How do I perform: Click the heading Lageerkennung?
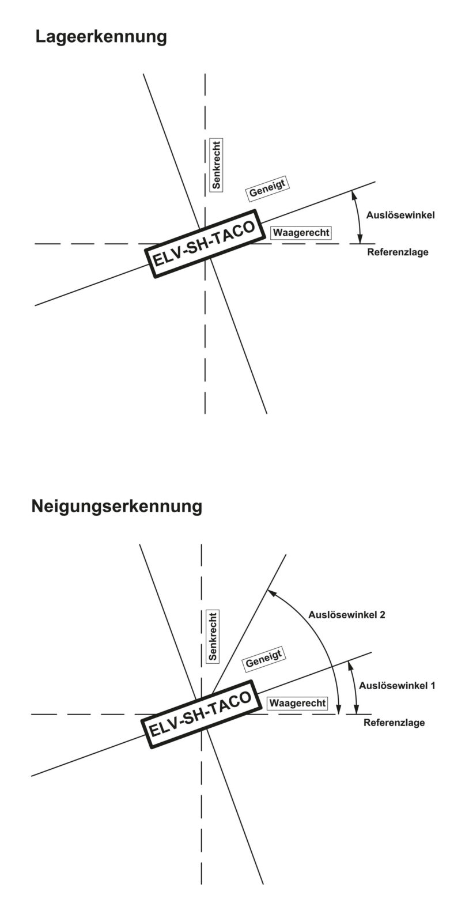coord(101,37)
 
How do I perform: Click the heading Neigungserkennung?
coord(117,507)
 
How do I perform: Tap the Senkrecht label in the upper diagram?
coord(217,165)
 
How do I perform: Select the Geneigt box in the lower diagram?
coord(263,659)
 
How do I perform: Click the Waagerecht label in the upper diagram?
coord(301,233)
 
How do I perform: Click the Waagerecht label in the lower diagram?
coord(297,703)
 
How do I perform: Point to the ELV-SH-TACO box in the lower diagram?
coord(199,714)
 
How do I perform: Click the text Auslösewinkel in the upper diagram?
coord(400,215)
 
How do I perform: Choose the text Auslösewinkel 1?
coord(396,686)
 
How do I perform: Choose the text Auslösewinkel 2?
coord(346,615)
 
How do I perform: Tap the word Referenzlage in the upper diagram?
coord(398,252)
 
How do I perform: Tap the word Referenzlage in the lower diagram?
coord(394,723)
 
